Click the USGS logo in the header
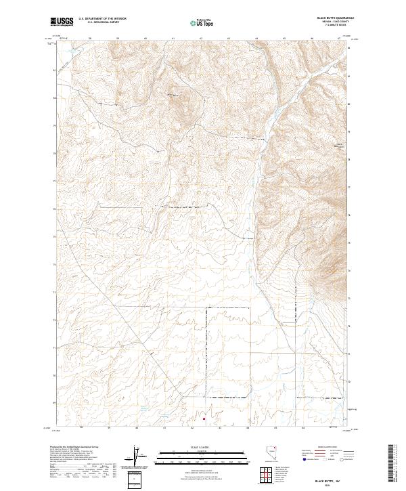[62, 22]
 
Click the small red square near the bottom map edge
[204, 419]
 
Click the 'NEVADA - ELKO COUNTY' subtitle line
[342, 22]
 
